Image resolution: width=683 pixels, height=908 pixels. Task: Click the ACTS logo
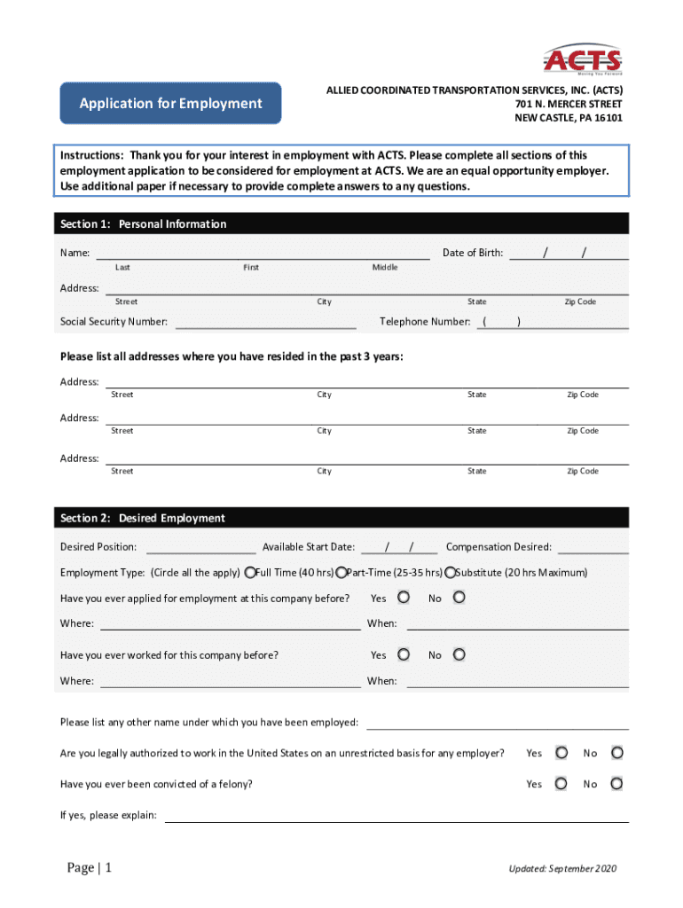click(x=583, y=59)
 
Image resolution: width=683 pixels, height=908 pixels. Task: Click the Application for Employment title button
click(x=170, y=104)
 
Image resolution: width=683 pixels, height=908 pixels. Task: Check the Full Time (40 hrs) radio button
click(x=251, y=572)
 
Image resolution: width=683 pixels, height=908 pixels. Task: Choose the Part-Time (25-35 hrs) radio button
click(x=341, y=572)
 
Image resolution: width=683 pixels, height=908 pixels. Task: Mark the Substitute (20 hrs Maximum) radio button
click(x=451, y=572)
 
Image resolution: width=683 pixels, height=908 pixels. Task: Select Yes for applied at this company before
click(x=404, y=598)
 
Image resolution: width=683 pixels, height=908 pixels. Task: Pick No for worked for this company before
click(x=458, y=654)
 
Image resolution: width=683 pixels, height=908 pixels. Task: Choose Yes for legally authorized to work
click(x=561, y=753)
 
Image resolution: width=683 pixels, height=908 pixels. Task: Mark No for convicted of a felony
click(x=617, y=784)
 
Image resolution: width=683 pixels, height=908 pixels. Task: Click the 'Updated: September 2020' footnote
click(x=561, y=869)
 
